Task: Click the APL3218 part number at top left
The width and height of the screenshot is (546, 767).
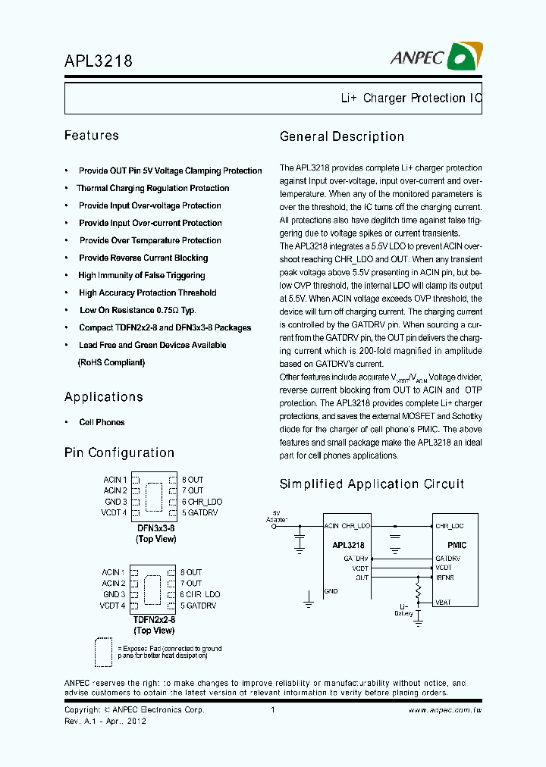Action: click(99, 61)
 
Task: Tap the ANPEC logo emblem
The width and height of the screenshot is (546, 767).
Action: click(465, 56)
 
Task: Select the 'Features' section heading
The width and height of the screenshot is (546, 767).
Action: click(92, 136)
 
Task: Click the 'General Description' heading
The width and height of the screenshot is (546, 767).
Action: click(342, 136)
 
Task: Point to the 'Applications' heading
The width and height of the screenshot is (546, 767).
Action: click(104, 397)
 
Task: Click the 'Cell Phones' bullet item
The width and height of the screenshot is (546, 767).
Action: click(102, 422)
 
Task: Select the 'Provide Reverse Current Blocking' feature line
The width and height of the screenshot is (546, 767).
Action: click(143, 258)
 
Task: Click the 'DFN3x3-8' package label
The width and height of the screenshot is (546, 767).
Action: click(155, 528)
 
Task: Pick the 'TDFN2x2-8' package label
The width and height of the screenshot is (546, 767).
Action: click(154, 619)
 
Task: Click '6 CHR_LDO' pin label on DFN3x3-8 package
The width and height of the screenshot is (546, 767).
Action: click(201, 502)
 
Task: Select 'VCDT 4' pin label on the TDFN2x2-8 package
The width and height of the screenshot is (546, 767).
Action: click(113, 606)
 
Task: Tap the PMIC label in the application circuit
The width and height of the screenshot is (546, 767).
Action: click(457, 545)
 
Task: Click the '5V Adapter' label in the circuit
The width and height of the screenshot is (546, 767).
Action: click(276, 516)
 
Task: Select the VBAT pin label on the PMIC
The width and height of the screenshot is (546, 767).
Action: click(444, 602)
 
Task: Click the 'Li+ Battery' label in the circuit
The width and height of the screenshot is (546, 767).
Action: click(404, 610)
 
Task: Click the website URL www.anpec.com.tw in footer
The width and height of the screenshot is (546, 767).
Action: click(445, 710)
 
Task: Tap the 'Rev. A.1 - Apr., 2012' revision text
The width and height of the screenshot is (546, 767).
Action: click(105, 721)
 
